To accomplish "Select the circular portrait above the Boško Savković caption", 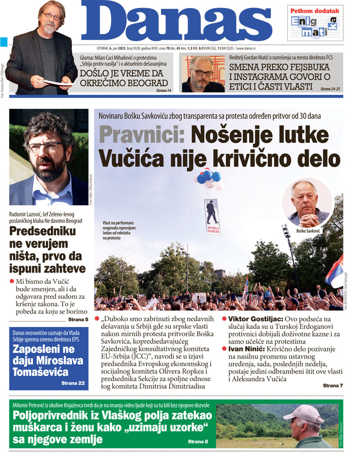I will (308, 202).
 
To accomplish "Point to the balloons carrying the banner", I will (211, 179).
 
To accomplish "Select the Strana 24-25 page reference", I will (331, 89).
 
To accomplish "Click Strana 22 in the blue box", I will (73, 383).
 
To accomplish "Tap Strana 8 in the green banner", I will (198, 441).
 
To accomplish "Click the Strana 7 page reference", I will (333, 386).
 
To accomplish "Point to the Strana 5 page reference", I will (78, 319).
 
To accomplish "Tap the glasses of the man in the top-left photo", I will (51, 15).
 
